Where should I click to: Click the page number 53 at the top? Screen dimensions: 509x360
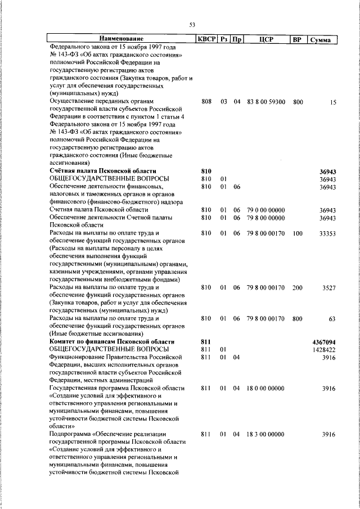(x=192, y=24)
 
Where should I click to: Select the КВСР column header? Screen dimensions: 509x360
(x=205, y=39)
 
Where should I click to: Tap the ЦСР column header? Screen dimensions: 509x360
(x=266, y=39)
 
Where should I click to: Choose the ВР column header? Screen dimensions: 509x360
(x=298, y=39)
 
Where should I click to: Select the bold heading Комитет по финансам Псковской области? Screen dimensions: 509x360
(x=111, y=341)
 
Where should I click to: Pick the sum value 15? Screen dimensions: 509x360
(x=333, y=102)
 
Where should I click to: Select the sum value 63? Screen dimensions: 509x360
(x=332, y=319)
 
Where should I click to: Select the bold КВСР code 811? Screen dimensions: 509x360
(x=205, y=341)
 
